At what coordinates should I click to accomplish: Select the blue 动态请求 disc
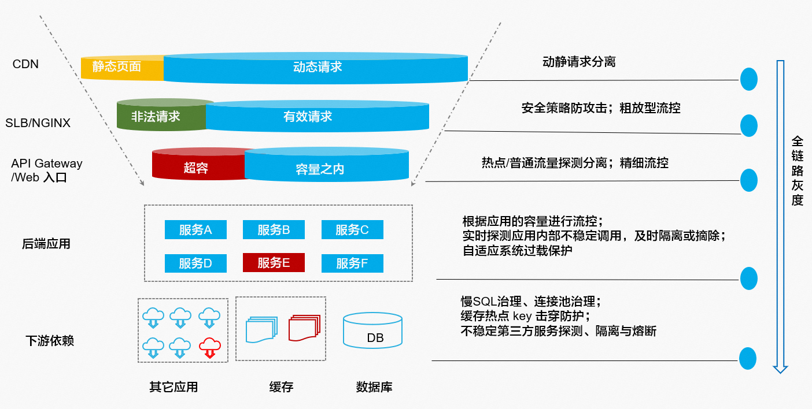tap(317, 67)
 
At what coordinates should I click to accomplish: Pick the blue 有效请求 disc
tap(317, 116)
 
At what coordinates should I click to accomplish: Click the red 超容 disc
tap(195, 168)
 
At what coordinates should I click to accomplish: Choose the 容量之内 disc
tap(327, 168)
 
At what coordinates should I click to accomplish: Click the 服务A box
tap(195, 230)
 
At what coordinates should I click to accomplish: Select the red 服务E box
tap(274, 263)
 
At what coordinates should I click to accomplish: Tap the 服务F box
tap(352, 263)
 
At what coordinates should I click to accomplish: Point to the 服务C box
tap(352, 230)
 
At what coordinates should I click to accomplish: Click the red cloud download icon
tap(209, 347)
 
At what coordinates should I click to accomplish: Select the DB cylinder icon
tap(372, 330)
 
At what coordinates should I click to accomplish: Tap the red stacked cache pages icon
tap(304, 328)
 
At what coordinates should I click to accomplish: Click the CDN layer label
tap(25, 64)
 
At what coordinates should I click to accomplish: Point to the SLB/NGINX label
tap(38, 123)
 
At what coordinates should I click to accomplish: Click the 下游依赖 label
tap(50, 340)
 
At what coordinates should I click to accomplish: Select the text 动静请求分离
tap(579, 61)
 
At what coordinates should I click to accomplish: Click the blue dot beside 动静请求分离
tap(748, 79)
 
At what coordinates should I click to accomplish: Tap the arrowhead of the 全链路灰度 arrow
tap(781, 368)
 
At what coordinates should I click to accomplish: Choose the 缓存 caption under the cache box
tap(281, 386)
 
